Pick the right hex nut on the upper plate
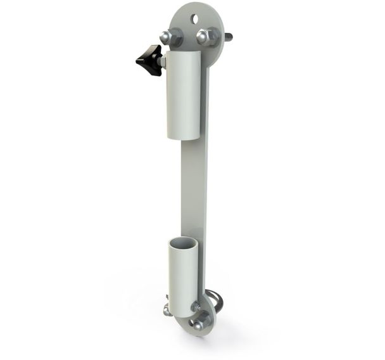pos(205,36)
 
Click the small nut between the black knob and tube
pos(161,61)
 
